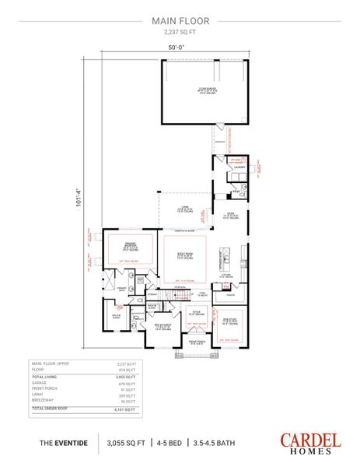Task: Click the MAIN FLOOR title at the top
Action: pos(180,21)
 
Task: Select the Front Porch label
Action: pos(197,342)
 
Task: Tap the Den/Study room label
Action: pos(231,321)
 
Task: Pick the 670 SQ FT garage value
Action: pos(125,383)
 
